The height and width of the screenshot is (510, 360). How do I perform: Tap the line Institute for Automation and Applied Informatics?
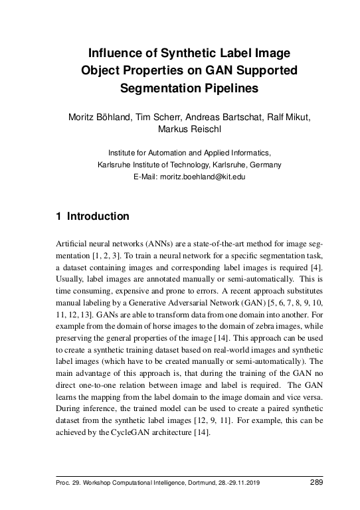(179, 153)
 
